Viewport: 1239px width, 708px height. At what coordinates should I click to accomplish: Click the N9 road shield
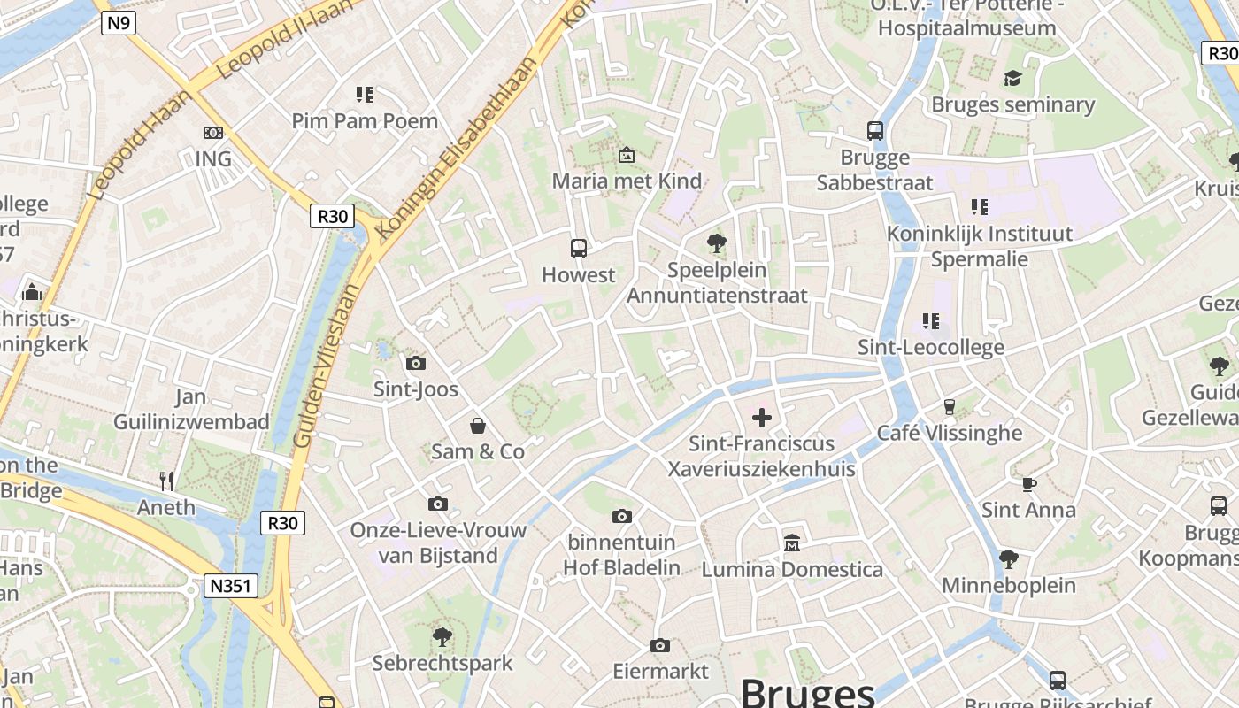[119, 22]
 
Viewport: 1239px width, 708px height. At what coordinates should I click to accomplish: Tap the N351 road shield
[231, 585]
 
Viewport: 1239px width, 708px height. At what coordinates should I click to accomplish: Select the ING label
[213, 159]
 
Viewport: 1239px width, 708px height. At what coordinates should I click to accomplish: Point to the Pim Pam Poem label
[365, 121]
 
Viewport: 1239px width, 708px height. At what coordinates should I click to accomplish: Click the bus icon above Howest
[579, 248]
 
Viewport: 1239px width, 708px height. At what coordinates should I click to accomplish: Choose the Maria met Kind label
[627, 181]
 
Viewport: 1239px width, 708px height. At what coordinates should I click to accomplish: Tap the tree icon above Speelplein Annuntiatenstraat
[717, 242]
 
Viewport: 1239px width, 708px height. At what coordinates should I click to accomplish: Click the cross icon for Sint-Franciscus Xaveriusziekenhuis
[761, 417]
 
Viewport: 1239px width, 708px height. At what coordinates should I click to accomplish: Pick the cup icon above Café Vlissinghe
[950, 406]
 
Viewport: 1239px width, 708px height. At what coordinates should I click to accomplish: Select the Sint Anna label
[1028, 510]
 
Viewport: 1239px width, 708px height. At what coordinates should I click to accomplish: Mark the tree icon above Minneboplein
[1008, 558]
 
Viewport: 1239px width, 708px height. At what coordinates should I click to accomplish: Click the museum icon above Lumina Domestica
[792, 543]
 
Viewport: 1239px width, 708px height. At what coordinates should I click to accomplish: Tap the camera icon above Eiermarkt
[659, 646]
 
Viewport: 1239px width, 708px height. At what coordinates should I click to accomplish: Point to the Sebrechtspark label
[442, 663]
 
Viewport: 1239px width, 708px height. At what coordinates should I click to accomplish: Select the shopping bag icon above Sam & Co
[478, 426]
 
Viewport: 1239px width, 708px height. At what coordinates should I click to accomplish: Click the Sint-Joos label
[416, 389]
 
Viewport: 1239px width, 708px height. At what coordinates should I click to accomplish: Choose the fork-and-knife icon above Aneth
[166, 481]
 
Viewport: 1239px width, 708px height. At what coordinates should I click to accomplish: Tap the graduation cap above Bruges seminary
[1012, 78]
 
